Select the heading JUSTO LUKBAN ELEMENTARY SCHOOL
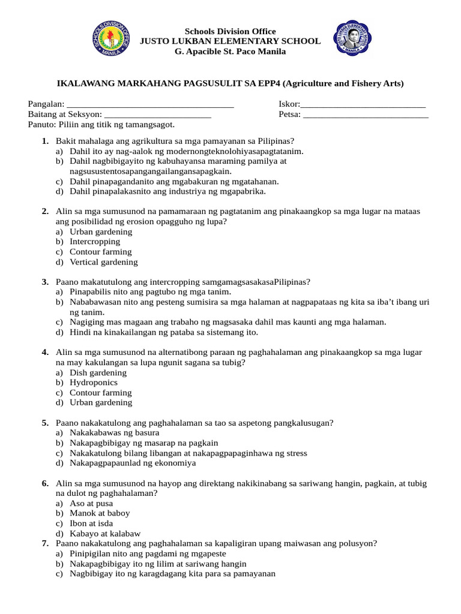(x=230, y=41)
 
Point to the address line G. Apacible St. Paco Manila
(x=230, y=52)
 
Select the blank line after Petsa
(x=366, y=115)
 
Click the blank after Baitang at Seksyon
(x=158, y=115)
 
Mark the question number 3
(x=45, y=282)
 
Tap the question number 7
(x=45, y=543)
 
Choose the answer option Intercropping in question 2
(x=95, y=242)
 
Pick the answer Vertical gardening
(x=103, y=262)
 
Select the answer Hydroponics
(x=94, y=383)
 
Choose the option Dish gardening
(x=98, y=372)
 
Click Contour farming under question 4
(x=100, y=393)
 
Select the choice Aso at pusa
(x=91, y=503)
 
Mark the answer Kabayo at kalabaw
(x=105, y=534)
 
